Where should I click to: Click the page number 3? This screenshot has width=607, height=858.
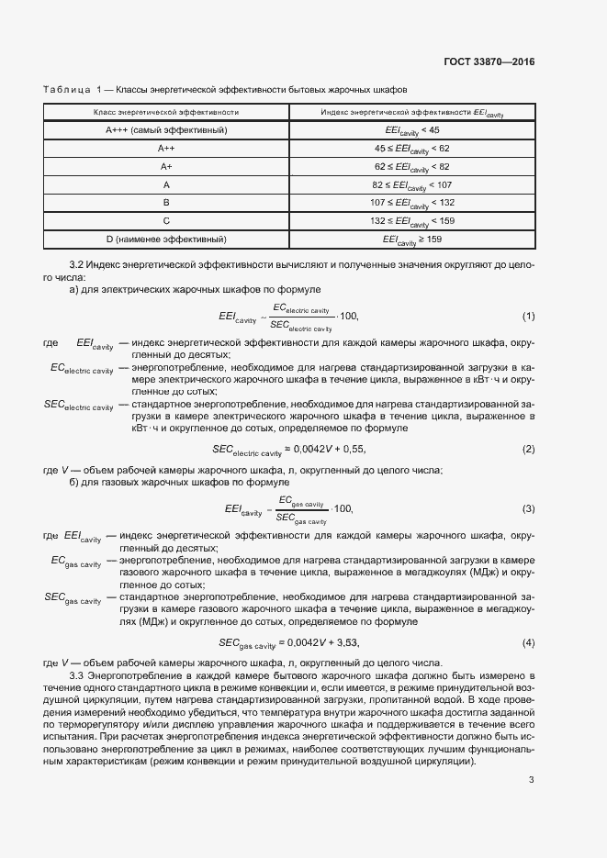click(x=531, y=780)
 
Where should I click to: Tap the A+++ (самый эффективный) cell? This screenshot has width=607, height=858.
click(x=166, y=130)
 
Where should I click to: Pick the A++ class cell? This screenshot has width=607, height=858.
click(x=166, y=148)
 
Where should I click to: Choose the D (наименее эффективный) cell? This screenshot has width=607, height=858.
click(x=166, y=240)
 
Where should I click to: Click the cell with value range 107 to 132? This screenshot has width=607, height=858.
click(x=412, y=203)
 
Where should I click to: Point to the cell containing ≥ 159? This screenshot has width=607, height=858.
click(x=412, y=240)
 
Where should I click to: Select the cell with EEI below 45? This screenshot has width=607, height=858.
click(x=412, y=130)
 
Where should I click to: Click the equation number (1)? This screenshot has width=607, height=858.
click(x=528, y=317)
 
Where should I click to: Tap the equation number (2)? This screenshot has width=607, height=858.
click(x=528, y=449)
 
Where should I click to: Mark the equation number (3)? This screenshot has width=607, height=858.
click(x=528, y=508)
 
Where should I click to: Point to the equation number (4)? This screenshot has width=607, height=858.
click(x=528, y=641)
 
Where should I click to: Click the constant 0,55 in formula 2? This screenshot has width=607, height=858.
click(x=353, y=449)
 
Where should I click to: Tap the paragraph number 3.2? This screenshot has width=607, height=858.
click(x=78, y=263)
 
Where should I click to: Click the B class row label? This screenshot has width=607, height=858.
click(x=166, y=203)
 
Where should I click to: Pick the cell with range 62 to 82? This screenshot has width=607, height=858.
click(x=412, y=166)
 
